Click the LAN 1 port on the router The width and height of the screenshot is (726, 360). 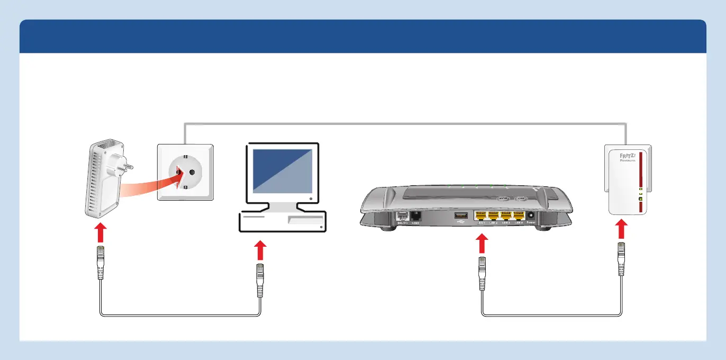coord(481,215)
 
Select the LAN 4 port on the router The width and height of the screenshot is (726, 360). coord(518,215)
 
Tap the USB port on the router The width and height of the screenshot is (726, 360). coord(459,215)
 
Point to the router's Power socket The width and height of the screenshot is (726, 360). coord(531,215)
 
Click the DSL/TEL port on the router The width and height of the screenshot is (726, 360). coord(402,216)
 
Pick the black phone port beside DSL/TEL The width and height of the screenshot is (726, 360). coord(415,215)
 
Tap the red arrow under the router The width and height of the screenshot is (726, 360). coord(482,245)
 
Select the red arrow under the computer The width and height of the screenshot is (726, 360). coord(259,251)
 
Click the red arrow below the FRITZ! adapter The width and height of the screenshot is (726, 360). coord(622,230)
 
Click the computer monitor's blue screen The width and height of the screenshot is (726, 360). coord(282,171)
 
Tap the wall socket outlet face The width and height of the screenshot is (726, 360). coord(185,173)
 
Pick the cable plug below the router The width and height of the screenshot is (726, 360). coord(482,273)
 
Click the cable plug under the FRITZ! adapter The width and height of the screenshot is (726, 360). coord(622,259)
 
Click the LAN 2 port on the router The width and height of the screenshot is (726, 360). coord(494,215)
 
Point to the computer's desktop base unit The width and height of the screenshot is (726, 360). coord(282,221)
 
